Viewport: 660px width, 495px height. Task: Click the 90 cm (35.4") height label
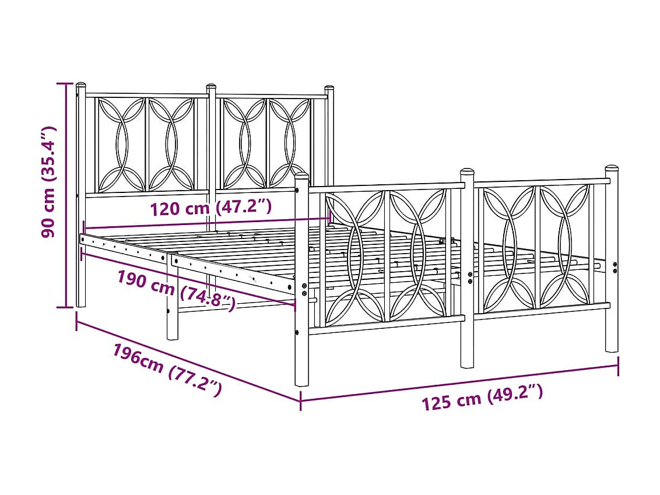pyautogui.click(x=49, y=182)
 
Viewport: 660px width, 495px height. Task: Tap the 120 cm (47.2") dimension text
pyautogui.click(x=210, y=208)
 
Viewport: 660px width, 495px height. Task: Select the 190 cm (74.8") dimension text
pyautogui.click(x=176, y=290)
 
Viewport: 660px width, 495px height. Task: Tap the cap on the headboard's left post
pyautogui.click(x=80, y=86)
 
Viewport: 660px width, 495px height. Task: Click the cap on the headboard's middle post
pyautogui.click(x=212, y=87)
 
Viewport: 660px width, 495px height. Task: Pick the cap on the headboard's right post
pyautogui.click(x=329, y=89)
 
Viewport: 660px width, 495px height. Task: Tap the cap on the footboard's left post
pyautogui.click(x=301, y=175)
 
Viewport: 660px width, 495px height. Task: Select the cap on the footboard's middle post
pyautogui.click(x=467, y=173)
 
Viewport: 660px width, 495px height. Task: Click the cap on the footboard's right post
pyautogui.click(x=612, y=169)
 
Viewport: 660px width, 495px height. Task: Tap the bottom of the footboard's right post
pyautogui.click(x=612, y=347)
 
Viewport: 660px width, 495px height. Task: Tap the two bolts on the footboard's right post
pyautogui.click(x=615, y=266)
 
